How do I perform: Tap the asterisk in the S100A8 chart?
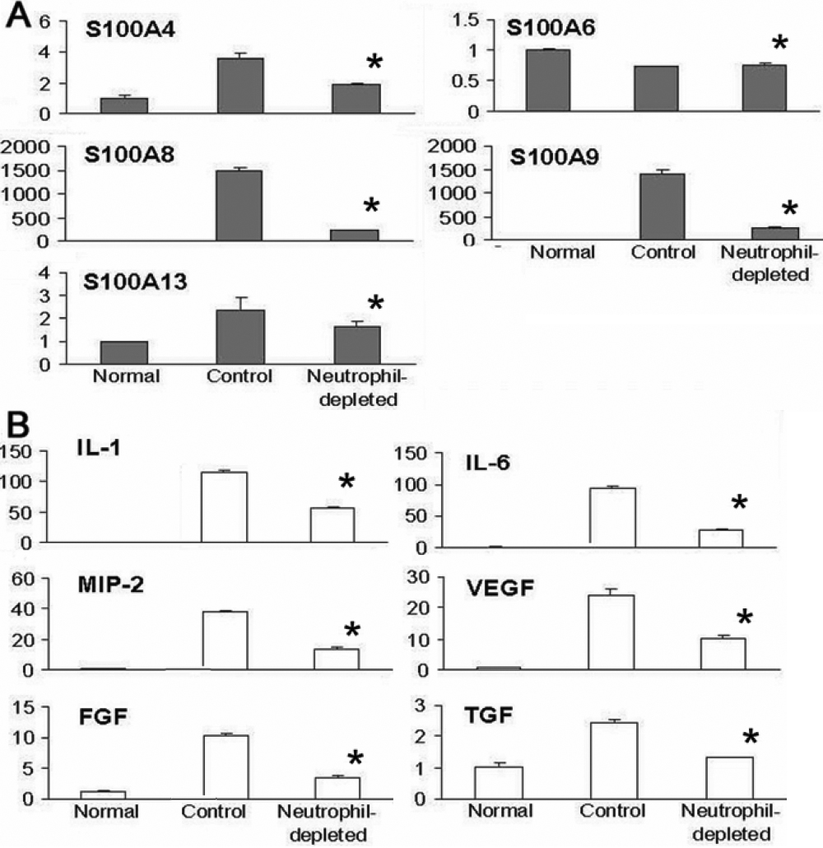click(x=373, y=206)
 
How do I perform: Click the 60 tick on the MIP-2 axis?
click(x=18, y=579)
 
